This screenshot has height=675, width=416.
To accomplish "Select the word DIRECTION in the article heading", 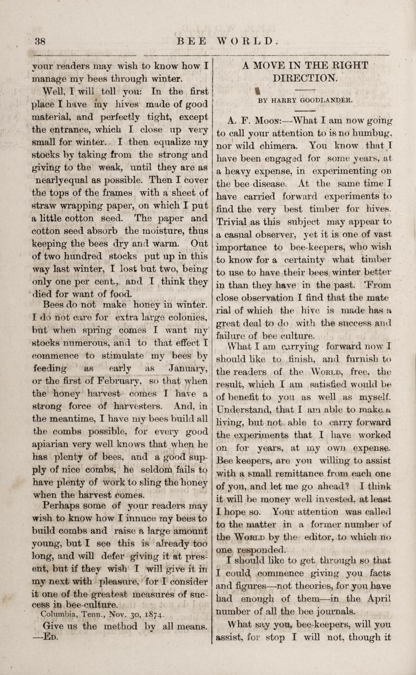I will click(305, 77).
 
